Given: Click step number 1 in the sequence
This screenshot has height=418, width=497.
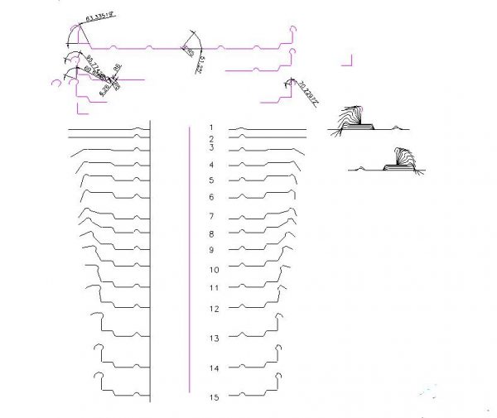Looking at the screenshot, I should (212, 127).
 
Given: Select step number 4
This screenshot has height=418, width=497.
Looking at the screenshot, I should (212, 166).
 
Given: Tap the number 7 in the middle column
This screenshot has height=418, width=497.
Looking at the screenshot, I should (212, 216).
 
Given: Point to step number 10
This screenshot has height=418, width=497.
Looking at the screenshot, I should (214, 270).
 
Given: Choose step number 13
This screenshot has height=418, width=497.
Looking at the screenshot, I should (214, 339).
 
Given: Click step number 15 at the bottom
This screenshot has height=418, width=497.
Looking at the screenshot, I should (214, 398).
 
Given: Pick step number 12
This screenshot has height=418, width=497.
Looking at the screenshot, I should (214, 309).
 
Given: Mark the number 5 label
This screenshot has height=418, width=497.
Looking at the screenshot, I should (212, 180).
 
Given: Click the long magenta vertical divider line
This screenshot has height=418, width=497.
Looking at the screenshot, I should (191, 257).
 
